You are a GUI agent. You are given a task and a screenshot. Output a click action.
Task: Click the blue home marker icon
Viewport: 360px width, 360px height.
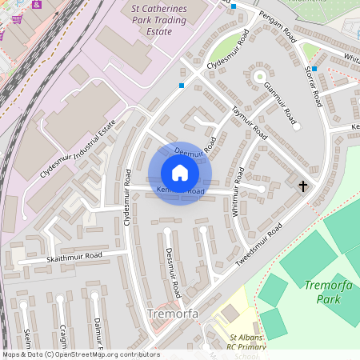tap(179, 173)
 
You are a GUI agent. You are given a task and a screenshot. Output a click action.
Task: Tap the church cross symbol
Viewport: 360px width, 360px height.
tap(302, 186)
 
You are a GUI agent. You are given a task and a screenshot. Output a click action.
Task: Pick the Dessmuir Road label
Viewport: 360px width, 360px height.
tap(173, 272)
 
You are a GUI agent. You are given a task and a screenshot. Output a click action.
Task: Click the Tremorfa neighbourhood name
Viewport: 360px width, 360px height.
tap(172, 315)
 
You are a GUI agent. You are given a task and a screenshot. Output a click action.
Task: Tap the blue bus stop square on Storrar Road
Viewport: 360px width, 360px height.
tap(314, 69)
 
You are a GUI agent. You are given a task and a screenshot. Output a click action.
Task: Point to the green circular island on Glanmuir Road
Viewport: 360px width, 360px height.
tap(259, 77)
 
